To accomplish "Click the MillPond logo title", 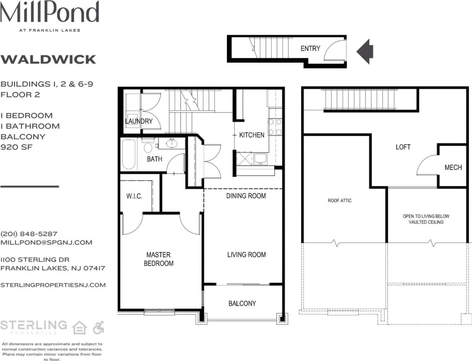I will [x=49, y=12].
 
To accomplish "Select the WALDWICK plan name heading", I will [x=48, y=59].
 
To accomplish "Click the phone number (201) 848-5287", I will [x=29, y=233].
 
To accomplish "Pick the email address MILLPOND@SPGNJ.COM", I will [x=46, y=243].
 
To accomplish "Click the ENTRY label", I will [x=310, y=48].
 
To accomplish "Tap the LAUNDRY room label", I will [x=138, y=121].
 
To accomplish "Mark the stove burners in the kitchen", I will [x=275, y=127].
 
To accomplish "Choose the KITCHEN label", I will [x=252, y=135].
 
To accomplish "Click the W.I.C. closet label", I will [x=134, y=196].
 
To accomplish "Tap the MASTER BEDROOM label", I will [x=158, y=259].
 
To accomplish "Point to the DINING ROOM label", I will [x=246, y=196].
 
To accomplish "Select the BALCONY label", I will [x=242, y=304].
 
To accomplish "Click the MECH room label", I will [x=453, y=168].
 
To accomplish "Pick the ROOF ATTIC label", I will [x=339, y=201].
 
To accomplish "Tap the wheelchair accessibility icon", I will [x=98, y=327].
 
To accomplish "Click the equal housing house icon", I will [x=80, y=327].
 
